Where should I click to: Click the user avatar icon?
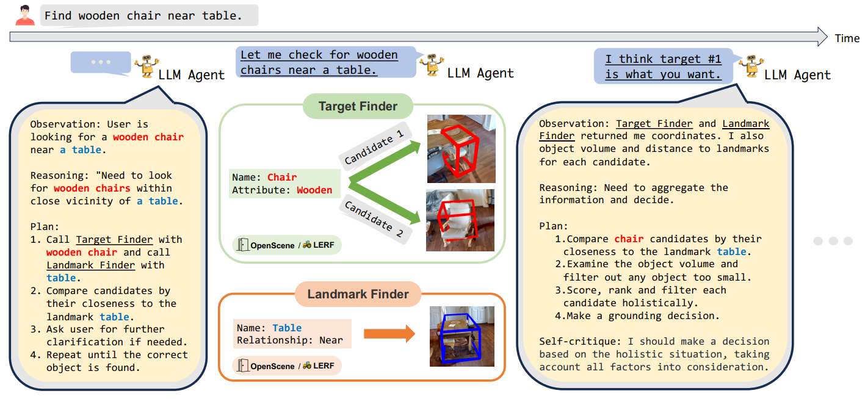(x=25, y=15)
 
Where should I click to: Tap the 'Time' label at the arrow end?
(x=847, y=38)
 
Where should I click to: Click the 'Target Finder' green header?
(x=358, y=107)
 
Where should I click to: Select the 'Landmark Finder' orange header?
(x=358, y=294)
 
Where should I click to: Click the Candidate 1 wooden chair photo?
(x=460, y=149)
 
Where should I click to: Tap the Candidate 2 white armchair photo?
(x=460, y=220)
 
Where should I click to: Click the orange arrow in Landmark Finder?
(x=389, y=334)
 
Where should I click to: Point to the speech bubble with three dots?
(x=101, y=62)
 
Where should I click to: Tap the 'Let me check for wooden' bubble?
(x=319, y=62)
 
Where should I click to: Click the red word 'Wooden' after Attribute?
(x=314, y=190)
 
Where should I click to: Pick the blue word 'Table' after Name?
(x=287, y=328)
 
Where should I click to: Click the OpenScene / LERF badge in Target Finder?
(x=287, y=245)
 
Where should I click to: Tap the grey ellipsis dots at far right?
(x=833, y=241)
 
